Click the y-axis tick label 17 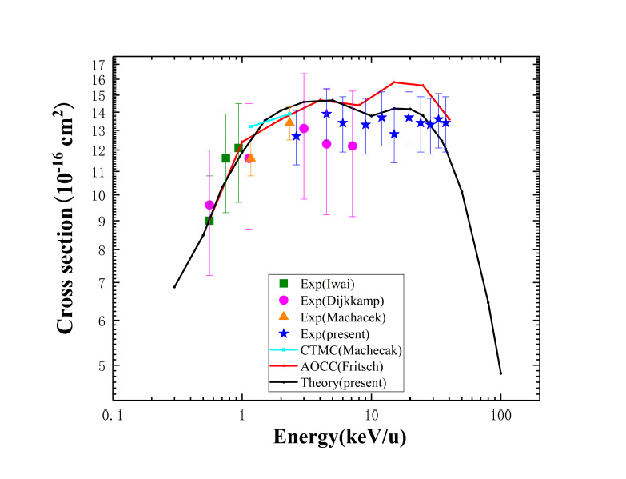[x=98, y=64]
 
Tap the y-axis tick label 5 [x=102, y=365]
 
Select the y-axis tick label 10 [x=98, y=195]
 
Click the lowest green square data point [x=209, y=221]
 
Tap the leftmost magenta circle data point [x=209, y=205]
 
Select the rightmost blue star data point [x=445, y=123]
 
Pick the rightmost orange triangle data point [x=289, y=122]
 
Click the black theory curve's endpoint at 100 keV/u [x=500, y=373]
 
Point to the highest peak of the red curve [x=395, y=82]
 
